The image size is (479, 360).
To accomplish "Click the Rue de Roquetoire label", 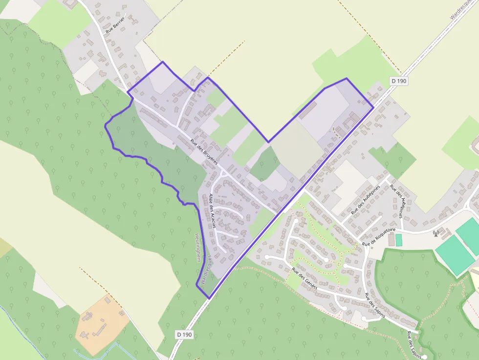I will [x=378, y=236].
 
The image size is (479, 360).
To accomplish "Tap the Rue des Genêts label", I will [x=304, y=278].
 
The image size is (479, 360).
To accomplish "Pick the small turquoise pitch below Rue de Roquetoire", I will [x=398, y=240].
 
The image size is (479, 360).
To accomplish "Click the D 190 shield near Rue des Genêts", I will [x=184, y=334].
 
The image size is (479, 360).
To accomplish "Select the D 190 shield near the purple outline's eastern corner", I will [x=399, y=81].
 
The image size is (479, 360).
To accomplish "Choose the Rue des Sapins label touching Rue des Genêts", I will [x=375, y=305].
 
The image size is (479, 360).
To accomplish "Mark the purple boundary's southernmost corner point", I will [x=209, y=298].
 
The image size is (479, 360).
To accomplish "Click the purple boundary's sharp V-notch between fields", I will [x=268, y=142].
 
